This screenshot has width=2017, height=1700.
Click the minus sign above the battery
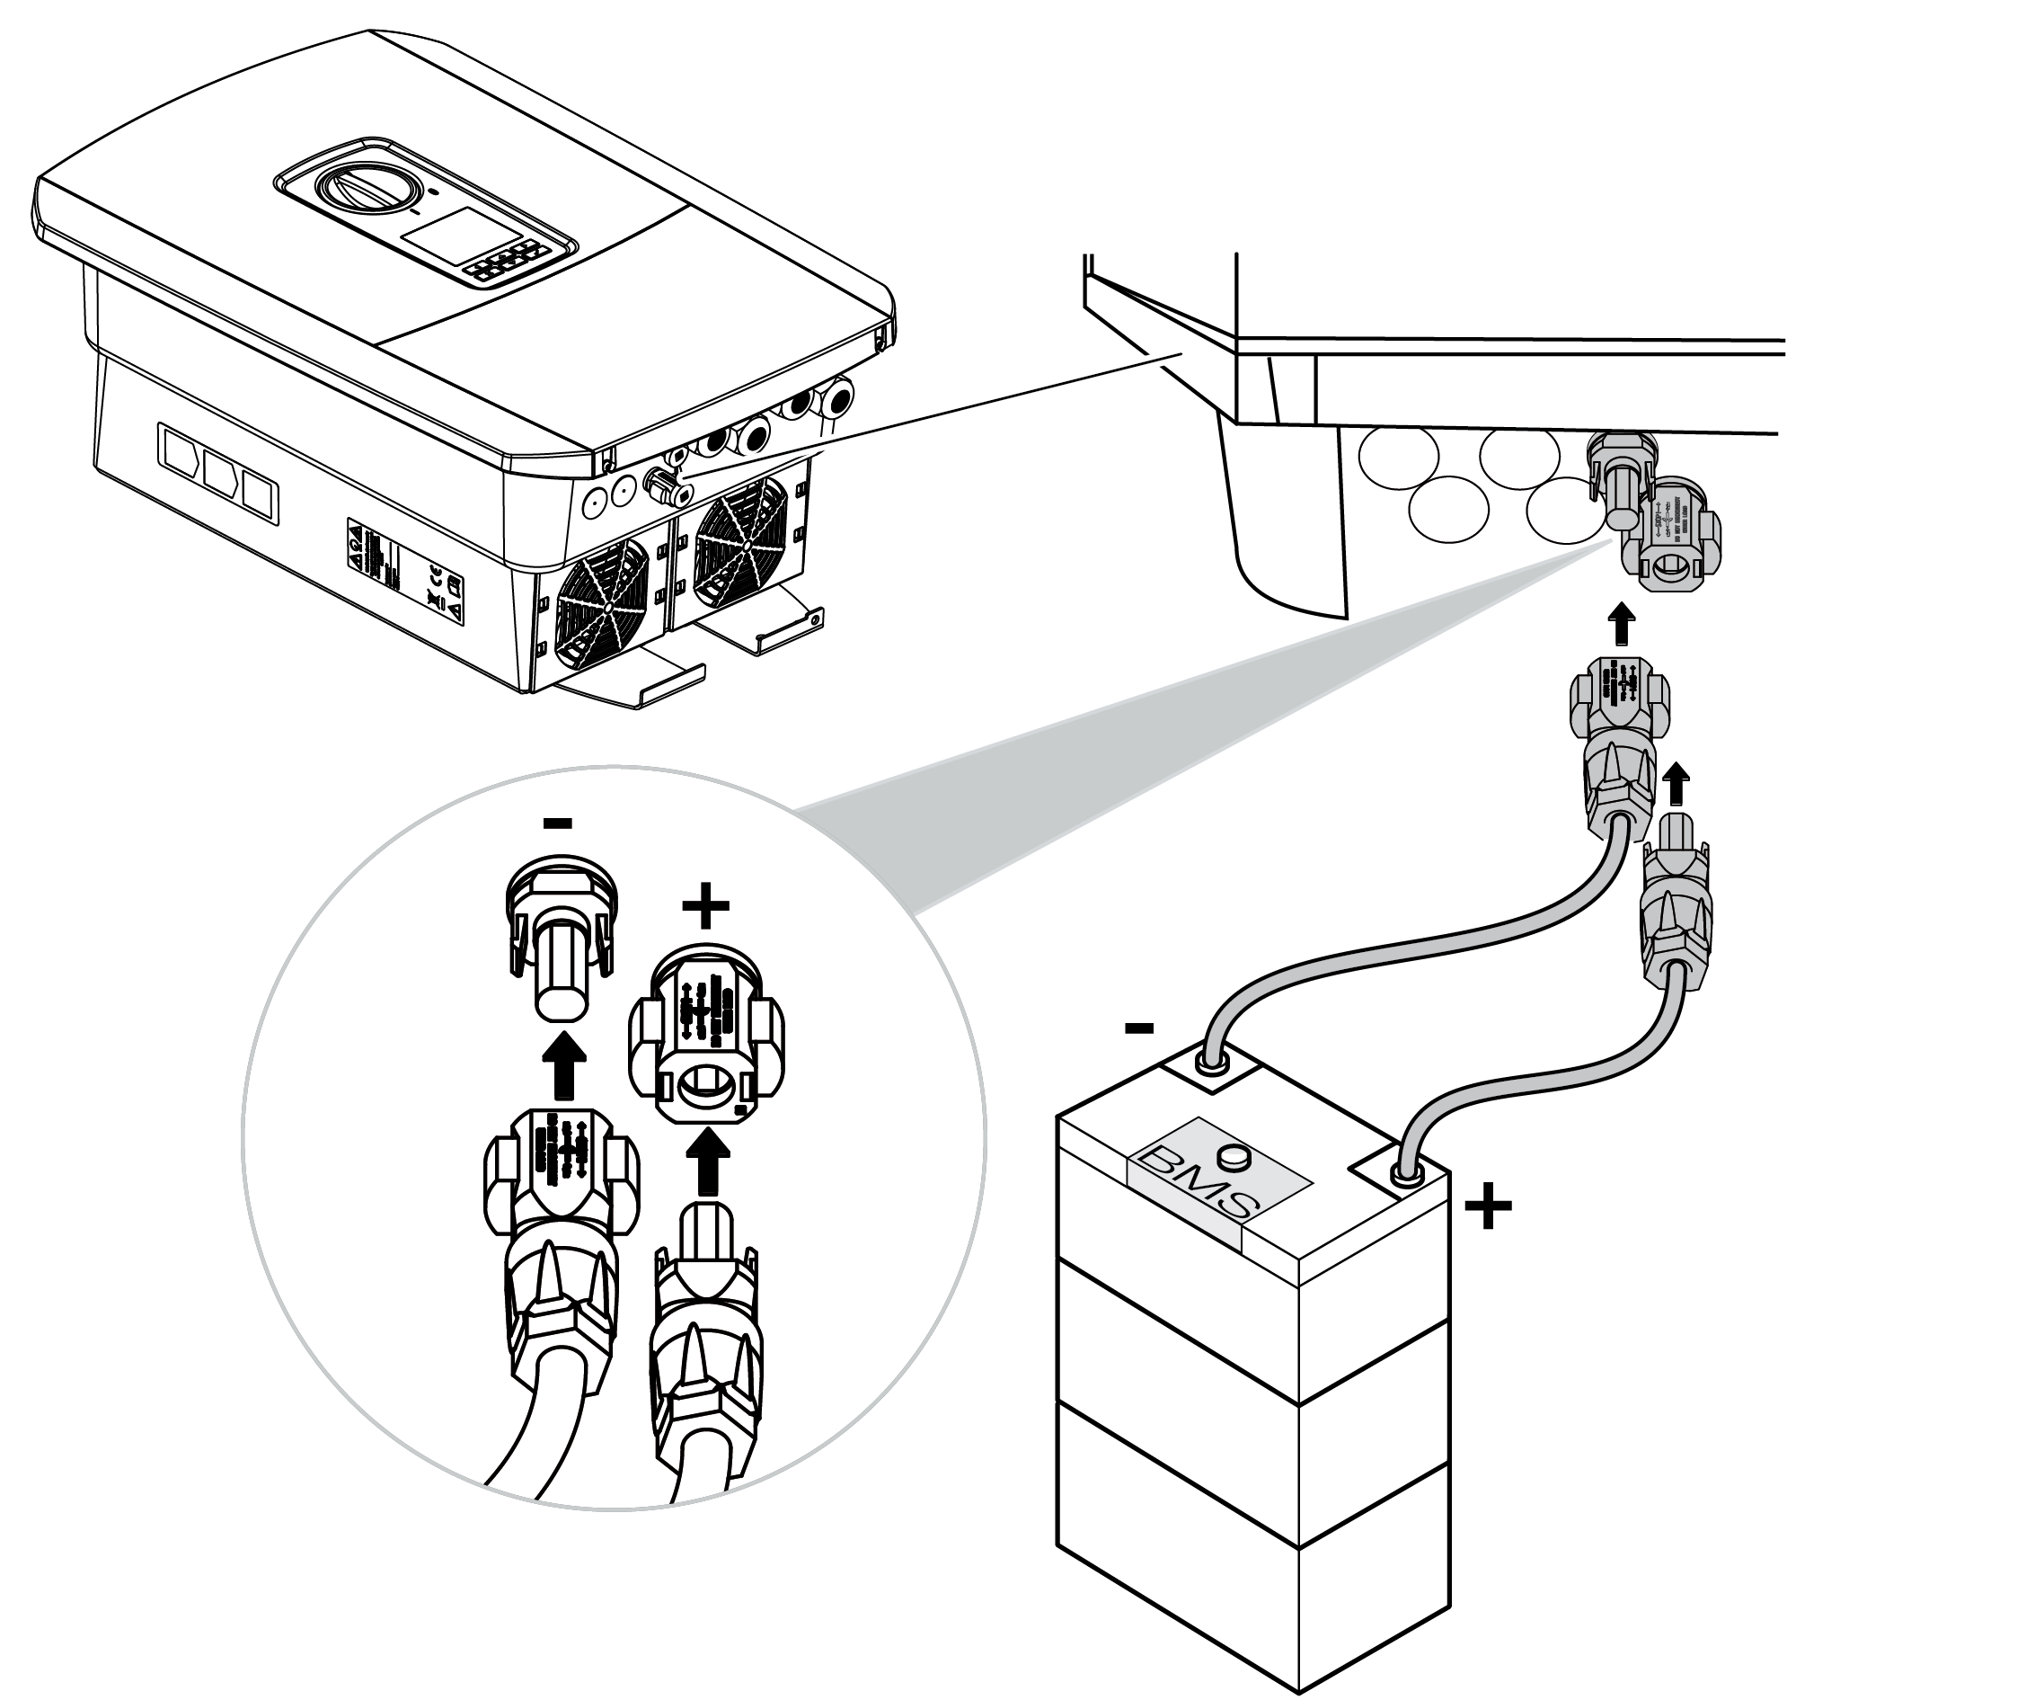coord(1138,1028)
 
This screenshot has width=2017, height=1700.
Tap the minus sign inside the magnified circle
coord(558,823)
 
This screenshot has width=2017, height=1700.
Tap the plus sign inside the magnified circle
coord(705,905)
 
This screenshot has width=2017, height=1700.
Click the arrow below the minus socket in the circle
coord(564,1066)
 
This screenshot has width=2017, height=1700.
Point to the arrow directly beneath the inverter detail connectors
coord(1623,626)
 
